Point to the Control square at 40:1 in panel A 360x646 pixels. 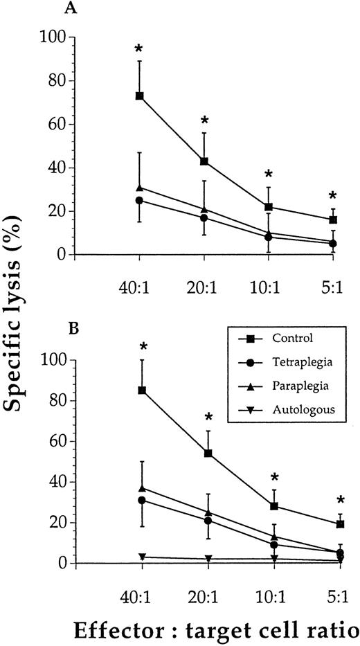(x=139, y=96)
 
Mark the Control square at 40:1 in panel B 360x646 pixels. (x=141, y=390)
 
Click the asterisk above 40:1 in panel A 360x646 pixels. (x=139, y=49)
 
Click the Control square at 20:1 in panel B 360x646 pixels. (x=208, y=454)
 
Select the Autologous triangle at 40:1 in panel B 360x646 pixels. (x=141, y=557)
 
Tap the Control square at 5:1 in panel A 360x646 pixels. (x=333, y=219)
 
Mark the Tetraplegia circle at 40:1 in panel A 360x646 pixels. (x=139, y=200)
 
